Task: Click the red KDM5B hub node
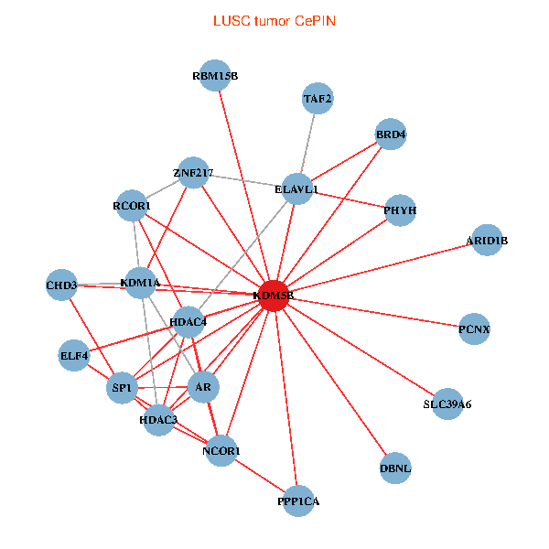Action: point(274,296)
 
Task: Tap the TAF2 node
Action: point(318,98)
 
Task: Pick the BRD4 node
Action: point(391,135)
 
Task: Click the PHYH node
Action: point(400,210)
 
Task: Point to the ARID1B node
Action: point(486,240)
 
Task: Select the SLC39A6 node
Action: point(447,404)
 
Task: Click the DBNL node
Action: point(395,468)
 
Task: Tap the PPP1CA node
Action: point(298,501)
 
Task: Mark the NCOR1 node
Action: point(221,451)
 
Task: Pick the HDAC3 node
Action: point(159,420)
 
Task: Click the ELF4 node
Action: point(74,355)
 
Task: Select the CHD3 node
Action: point(61,285)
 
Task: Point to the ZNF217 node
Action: point(193,173)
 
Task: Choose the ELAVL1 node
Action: point(297,189)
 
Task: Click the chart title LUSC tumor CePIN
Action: point(274,20)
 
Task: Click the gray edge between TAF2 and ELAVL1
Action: point(307,144)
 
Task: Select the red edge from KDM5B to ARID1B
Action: point(380,268)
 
